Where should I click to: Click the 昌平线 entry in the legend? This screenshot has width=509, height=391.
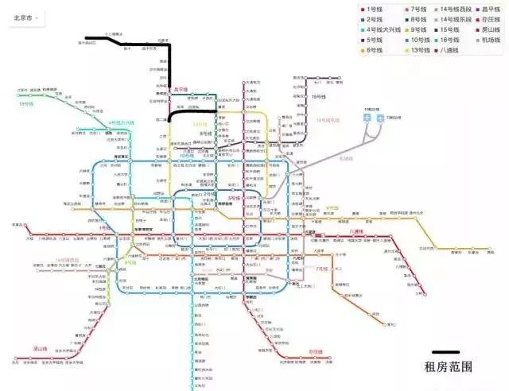coord(486,9)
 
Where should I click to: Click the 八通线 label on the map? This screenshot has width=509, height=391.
coord(355,231)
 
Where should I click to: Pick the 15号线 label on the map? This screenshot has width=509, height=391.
coord(317,95)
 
